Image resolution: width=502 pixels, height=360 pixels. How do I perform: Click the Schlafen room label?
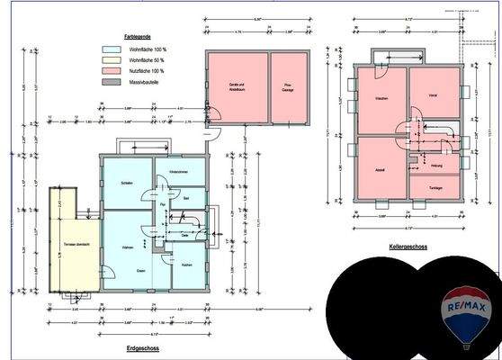point(127,184)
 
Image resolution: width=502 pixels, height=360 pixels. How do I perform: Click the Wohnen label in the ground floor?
point(128,247)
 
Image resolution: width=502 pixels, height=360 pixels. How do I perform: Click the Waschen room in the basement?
point(381,96)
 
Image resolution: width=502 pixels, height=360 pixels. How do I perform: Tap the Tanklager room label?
point(435,187)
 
